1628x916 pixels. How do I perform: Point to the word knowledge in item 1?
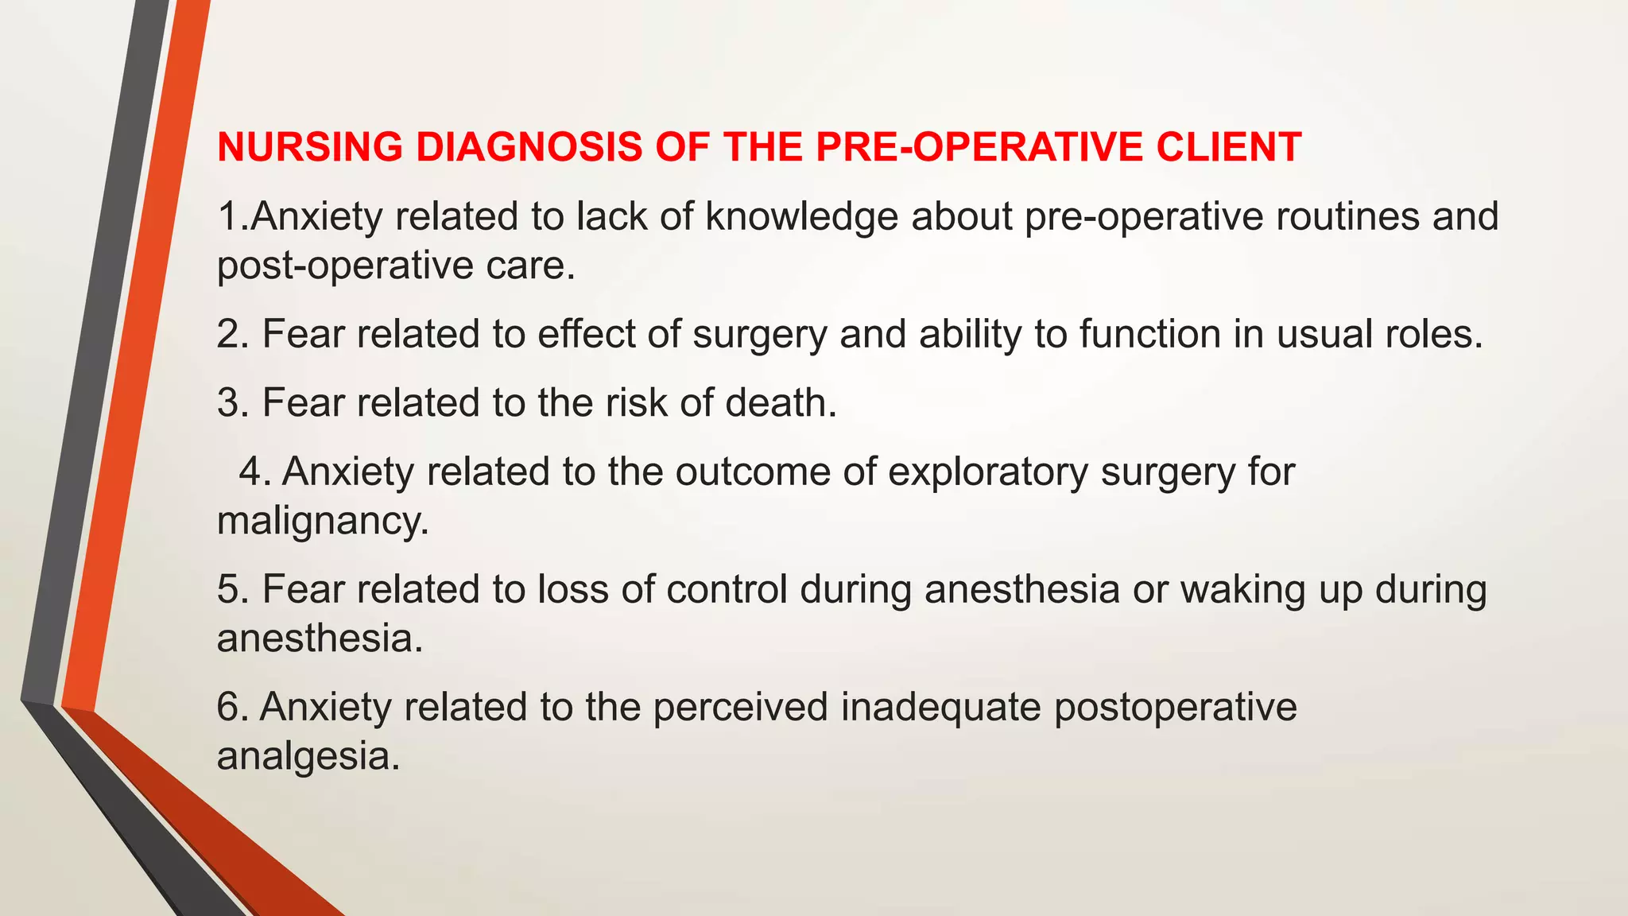coord(801,216)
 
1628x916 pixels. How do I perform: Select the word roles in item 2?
coord(1433,334)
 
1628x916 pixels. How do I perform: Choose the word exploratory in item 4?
coord(987,472)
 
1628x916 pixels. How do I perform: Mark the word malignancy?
coord(323,522)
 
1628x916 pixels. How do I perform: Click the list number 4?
coord(255,472)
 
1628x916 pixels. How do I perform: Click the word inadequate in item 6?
coord(940,707)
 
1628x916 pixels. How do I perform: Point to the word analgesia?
coord(308,755)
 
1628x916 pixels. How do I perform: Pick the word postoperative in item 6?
coord(1175,707)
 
